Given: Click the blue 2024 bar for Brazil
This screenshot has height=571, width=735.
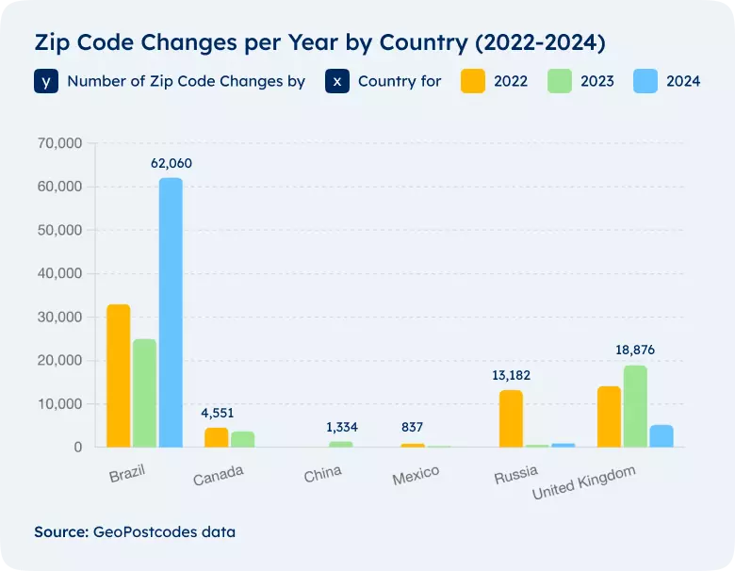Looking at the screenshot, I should point(171,312).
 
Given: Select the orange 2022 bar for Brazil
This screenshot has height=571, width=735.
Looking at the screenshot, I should point(119,376).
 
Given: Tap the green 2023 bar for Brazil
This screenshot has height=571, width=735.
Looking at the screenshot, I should point(144,393).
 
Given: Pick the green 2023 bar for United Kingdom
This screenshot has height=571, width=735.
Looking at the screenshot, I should point(635,406).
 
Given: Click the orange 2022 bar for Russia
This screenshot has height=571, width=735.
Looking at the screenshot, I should point(511,418).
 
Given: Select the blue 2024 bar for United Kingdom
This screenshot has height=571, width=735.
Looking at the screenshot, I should point(661,436).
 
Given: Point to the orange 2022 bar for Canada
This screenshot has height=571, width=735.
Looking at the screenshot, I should point(217,437).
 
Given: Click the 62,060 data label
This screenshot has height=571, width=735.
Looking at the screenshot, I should point(171,163).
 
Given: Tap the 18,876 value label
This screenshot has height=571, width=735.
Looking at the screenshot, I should point(634,350).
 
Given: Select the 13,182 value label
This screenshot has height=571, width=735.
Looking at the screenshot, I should point(512,375).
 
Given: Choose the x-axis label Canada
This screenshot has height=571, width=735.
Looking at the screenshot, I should point(219,478).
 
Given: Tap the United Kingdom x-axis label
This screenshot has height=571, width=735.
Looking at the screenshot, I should point(584,482).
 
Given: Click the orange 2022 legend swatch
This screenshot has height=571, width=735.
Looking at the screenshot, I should point(473,81).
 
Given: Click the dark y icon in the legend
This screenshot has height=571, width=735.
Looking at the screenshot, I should point(47,81).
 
